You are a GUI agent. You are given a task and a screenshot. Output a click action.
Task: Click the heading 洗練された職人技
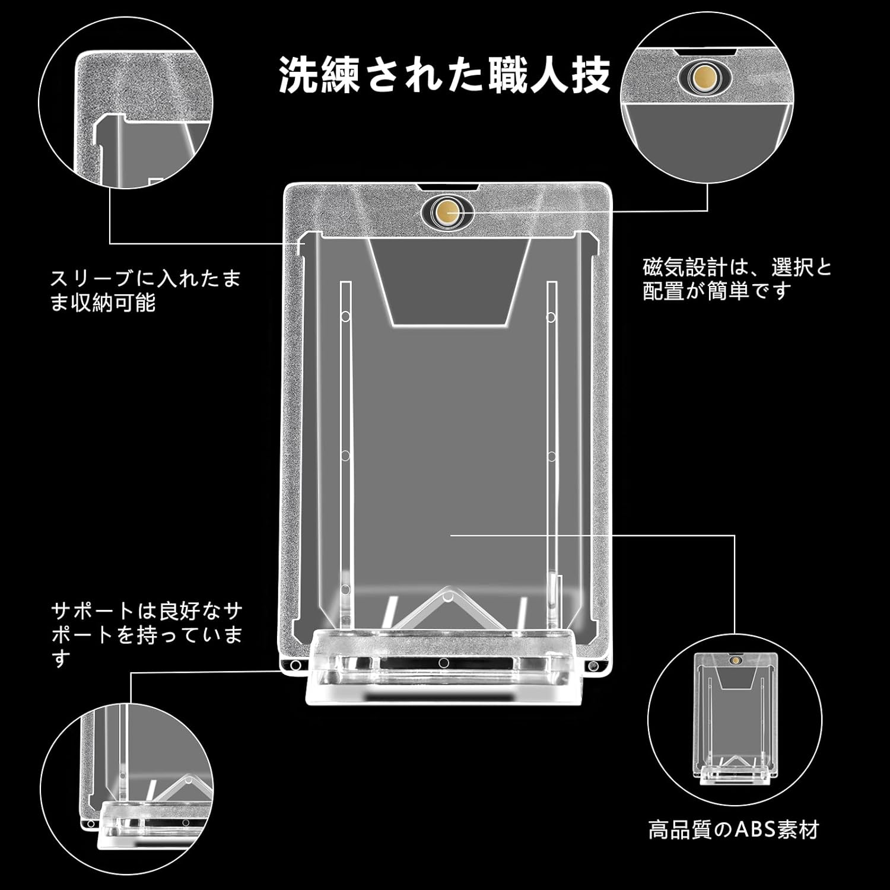(x=444, y=75)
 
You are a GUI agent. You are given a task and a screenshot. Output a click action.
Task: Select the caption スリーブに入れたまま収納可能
(x=145, y=291)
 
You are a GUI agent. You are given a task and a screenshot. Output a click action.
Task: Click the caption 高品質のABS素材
(x=733, y=829)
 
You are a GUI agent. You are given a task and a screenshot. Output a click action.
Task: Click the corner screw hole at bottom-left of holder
(x=292, y=666)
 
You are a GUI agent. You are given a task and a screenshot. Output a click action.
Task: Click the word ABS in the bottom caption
(x=755, y=829)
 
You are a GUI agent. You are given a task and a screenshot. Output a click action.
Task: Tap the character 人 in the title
(x=551, y=75)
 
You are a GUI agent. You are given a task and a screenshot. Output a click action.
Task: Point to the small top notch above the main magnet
(x=447, y=187)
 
